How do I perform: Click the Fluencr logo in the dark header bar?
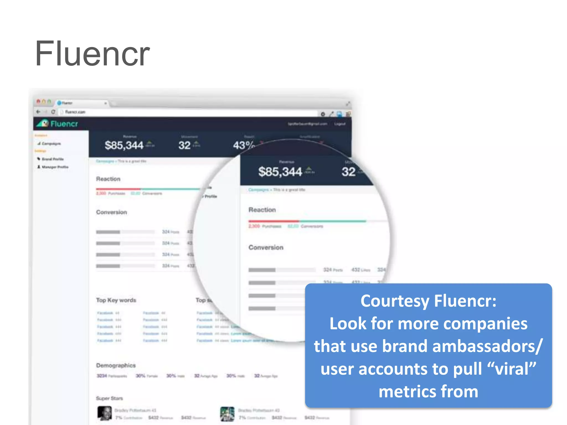click(x=58, y=123)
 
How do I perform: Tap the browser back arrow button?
click(x=38, y=112)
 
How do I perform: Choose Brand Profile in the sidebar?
click(x=52, y=159)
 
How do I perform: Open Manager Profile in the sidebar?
click(x=55, y=167)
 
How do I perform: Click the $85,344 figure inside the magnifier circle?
click(x=280, y=172)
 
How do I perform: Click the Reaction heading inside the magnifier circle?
click(x=262, y=210)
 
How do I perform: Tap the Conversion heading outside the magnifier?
click(x=111, y=212)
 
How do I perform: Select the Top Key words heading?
click(x=116, y=300)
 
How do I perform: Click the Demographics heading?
click(x=116, y=366)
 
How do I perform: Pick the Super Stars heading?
click(x=109, y=398)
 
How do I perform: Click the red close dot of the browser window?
click(x=38, y=102)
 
